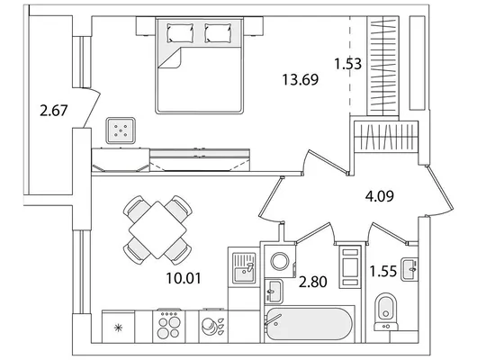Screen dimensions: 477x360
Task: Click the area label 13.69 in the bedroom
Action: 301,80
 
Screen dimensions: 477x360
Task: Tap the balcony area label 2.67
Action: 53,110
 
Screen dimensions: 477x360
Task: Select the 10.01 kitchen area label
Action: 184,278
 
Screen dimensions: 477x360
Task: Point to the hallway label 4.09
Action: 379,196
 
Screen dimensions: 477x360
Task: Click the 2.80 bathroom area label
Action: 312,282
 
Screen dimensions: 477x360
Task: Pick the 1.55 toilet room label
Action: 383,271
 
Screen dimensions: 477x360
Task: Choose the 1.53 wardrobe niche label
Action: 347,64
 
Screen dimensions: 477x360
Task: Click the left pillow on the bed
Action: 180,33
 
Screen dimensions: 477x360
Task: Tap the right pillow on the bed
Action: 218,33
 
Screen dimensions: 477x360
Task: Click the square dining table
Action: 157,230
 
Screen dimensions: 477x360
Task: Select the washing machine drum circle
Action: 280,261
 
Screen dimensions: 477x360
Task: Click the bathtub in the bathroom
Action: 309,324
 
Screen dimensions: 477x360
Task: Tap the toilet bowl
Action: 386,308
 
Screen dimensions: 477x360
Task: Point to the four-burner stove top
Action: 168,326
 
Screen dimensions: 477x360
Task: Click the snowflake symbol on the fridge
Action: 118,328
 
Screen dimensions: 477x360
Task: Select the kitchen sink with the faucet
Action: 244,267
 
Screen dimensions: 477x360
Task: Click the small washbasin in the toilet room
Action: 409,269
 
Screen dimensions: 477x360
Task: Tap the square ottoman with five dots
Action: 121,130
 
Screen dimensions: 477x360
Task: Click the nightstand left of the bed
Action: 146,26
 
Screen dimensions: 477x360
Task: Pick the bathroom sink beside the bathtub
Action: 274,292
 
